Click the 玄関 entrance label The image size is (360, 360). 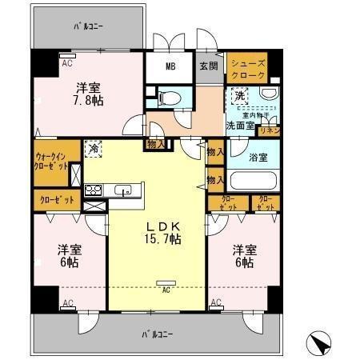point(208,66)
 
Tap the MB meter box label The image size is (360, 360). point(170,66)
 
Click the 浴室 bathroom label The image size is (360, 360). point(258,156)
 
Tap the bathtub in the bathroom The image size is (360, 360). point(255,182)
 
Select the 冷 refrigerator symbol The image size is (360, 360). point(94,148)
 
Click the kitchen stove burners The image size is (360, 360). point(92,190)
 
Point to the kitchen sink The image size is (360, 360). point(124,190)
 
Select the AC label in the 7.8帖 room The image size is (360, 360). point(67,62)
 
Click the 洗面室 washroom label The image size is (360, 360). point(238,126)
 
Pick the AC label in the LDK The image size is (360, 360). point(166,290)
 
